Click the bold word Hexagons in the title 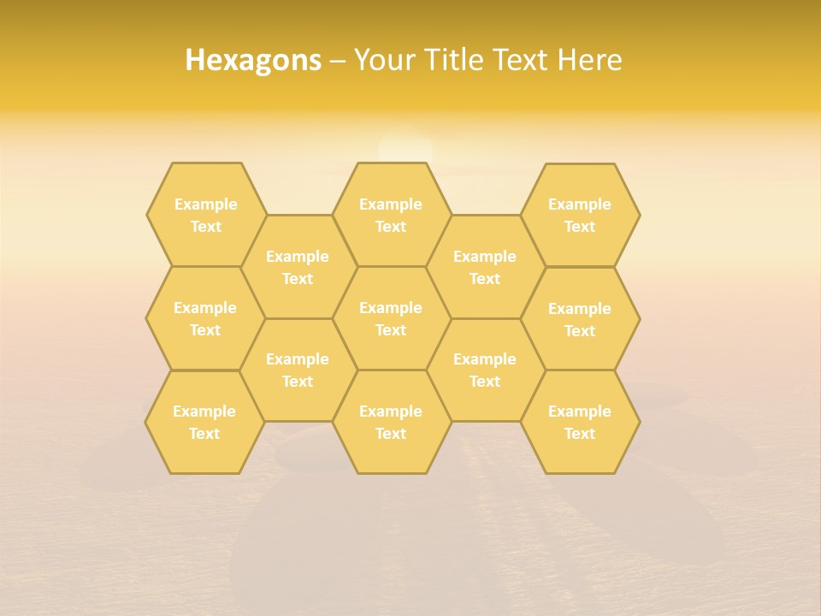click(253, 60)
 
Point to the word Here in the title click(589, 60)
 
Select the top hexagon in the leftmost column click(205, 215)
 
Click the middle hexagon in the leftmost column click(205, 318)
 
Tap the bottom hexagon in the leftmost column click(204, 422)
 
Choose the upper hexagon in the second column click(298, 267)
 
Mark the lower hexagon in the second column click(298, 370)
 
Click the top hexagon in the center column click(391, 215)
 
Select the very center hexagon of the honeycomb click(391, 318)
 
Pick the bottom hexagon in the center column click(391, 422)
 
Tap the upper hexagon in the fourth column click(485, 267)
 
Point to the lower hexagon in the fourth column click(485, 370)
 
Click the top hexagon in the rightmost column click(580, 215)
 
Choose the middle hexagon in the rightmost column click(580, 319)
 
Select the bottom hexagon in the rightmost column click(580, 422)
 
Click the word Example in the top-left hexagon click(205, 204)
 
